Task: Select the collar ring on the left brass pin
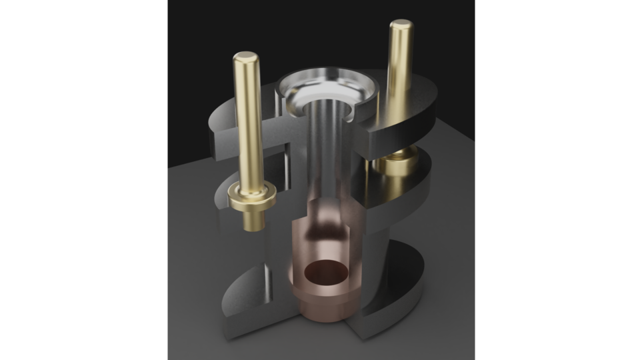tap(251, 196)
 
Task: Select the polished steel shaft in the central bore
tap(328, 153)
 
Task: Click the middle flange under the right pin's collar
tap(407, 190)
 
